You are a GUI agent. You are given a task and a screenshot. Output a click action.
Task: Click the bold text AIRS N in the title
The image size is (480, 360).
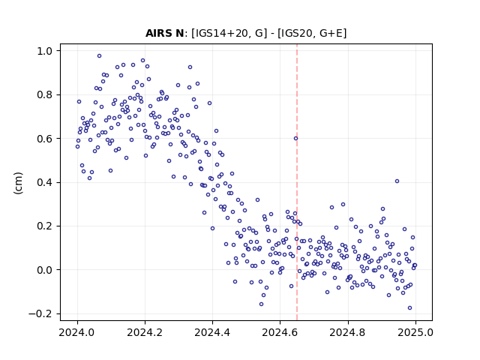pyautogui.click(x=165, y=33)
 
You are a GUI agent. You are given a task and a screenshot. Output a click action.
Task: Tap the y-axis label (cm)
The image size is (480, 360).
pyautogui.click(x=18, y=183)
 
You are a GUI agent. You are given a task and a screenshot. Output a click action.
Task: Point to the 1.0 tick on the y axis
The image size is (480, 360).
pyautogui.click(x=45, y=51)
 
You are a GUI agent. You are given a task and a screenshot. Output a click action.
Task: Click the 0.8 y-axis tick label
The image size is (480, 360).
pyautogui.click(x=45, y=95)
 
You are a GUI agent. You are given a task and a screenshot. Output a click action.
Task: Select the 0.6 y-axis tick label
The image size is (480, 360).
pyautogui.click(x=45, y=139)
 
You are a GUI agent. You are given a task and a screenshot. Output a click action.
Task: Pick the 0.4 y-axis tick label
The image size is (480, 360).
pyautogui.click(x=45, y=182)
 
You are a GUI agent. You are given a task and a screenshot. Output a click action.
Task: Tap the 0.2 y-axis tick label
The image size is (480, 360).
pyautogui.click(x=45, y=226)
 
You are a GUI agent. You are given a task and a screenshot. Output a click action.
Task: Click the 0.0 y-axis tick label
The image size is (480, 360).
pyautogui.click(x=45, y=270)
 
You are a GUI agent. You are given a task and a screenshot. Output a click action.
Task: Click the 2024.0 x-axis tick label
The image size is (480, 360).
pyautogui.click(x=77, y=332)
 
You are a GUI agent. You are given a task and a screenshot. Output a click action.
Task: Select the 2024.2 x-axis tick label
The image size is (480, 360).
pyautogui.click(x=145, y=332)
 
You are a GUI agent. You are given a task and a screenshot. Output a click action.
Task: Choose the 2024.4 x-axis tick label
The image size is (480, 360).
pyautogui.click(x=212, y=332)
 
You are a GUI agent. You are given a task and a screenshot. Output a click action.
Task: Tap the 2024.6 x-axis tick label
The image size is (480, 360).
pyautogui.click(x=280, y=332)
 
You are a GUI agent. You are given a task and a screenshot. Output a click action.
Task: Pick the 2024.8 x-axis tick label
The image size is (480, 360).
pyautogui.click(x=347, y=332)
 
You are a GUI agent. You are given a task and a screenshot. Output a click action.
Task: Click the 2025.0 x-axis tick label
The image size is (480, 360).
pyautogui.click(x=415, y=332)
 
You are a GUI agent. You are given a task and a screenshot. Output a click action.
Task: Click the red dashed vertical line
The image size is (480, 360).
pyautogui.click(x=297, y=182)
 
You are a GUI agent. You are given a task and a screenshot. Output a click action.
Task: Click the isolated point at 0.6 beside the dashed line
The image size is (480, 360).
pyautogui.click(x=295, y=138)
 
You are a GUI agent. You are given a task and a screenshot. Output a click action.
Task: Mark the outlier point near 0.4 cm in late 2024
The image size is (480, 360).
pyautogui.click(x=397, y=181)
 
